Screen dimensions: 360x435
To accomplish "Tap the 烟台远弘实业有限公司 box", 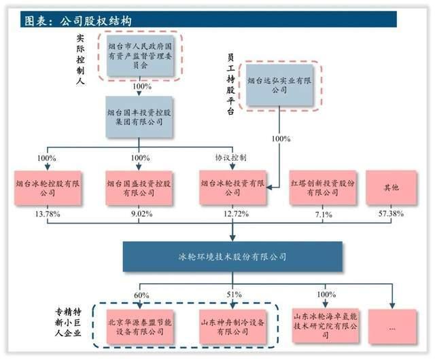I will pos(281,85).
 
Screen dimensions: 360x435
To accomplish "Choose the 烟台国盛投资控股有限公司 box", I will pos(140,187).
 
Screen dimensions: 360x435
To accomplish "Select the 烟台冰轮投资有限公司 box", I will pos(232,187).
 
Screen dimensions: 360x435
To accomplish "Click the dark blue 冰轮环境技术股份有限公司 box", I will pos(232,257).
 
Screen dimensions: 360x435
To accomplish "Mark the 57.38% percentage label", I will pos(391,215).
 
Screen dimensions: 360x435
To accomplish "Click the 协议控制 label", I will pos(230,158).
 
